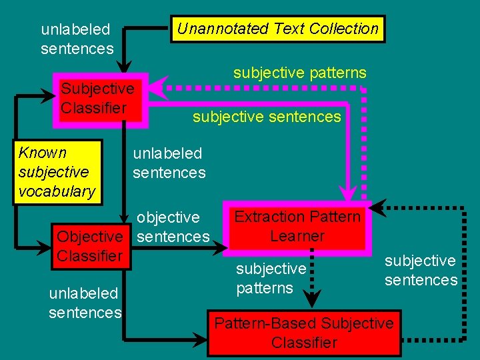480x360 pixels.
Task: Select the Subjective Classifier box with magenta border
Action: pyautogui.click(x=100, y=98)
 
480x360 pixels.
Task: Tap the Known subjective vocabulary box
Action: pyautogui.click(x=57, y=172)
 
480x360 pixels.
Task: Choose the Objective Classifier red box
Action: pyautogui.click(x=90, y=246)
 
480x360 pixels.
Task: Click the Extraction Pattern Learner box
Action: pyautogui.click(x=297, y=227)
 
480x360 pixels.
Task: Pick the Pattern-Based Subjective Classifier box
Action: pyautogui.click(x=304, y=333)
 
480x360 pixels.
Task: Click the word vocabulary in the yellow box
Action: pyautogui.click(x=57, y=191)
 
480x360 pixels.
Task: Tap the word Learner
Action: pyautogui.click(x=297, y=236)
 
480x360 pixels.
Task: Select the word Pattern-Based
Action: pyautogui.click(x=265, y=323)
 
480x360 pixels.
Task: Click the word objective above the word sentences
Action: pyautogui.click(x=168, y=217)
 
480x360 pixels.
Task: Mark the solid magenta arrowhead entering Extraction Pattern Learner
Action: pyautogui.click(x=347, y=194)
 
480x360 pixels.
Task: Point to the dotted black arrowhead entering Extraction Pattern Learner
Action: pyautogui.click(x=377, y=207)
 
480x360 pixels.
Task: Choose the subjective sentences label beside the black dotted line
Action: pyautogui.click(x=421, y=270)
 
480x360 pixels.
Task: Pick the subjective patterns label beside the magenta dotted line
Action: pyautogui.click(x=299, y=72)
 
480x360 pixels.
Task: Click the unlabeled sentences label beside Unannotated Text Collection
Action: pyautogui.click(x=77, y=39)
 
